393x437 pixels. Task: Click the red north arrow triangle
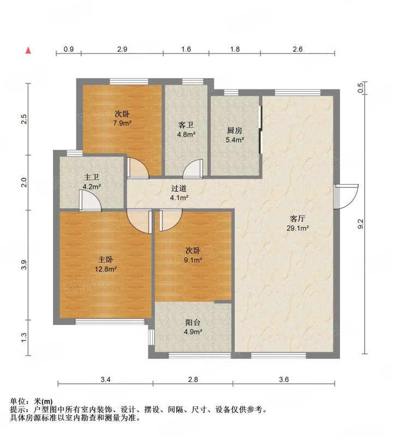tap(28, 50)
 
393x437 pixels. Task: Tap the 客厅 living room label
tap(297, 218)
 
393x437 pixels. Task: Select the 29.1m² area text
tap(297, 228)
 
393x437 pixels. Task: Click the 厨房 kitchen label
tap(235, 130)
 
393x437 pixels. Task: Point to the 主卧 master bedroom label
tap(105, 259)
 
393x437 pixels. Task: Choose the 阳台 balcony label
tap(193, 322)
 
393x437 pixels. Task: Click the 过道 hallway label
tap(178, 188)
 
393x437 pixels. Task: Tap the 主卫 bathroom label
tap(91, 177)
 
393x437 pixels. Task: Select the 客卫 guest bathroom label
tap(186, 125)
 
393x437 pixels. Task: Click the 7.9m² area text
tap(122, 123)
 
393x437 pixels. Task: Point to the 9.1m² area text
tap(193, 260)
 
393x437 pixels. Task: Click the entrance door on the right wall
tap(346, 196)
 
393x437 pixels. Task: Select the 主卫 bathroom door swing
tap(90, 200)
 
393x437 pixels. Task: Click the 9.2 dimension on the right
tap(360, 223)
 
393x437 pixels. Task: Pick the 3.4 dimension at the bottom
tap(105, 379)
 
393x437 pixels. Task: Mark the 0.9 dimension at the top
tap(69, 49)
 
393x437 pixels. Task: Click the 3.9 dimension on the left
tap(24, 264)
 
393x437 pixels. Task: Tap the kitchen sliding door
tap(260, 129)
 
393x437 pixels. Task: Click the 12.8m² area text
tap(105, 269)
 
